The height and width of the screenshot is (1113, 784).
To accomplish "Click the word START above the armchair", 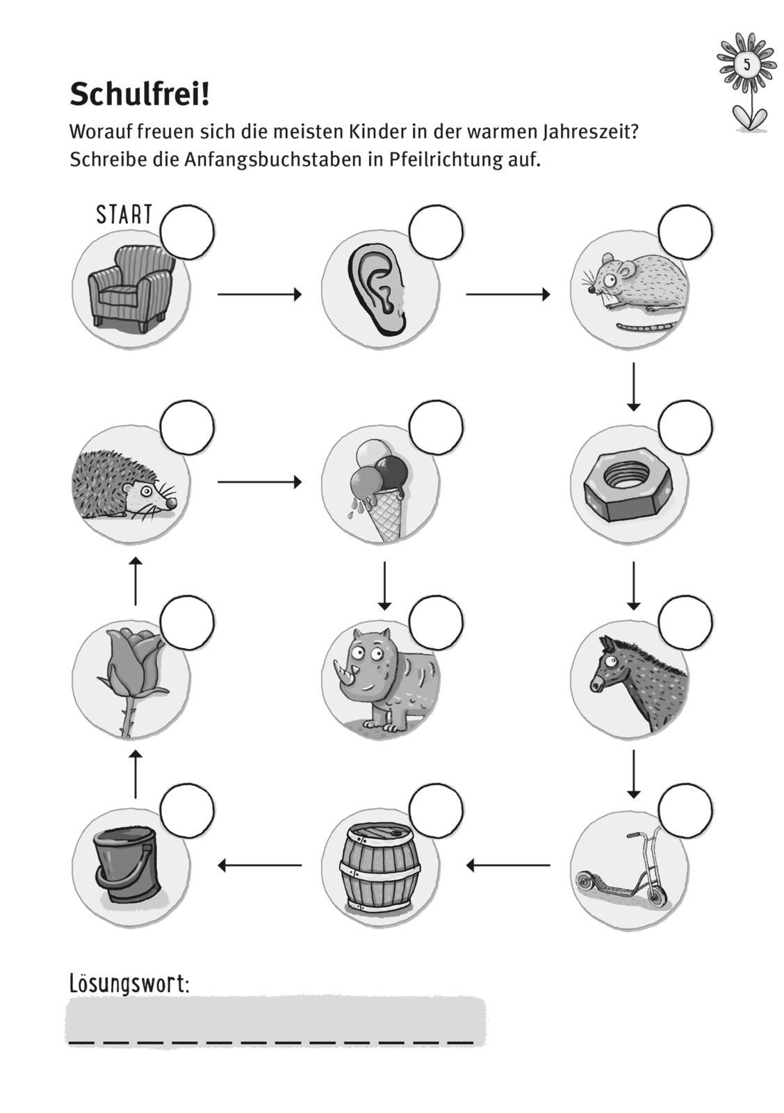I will point(124,214).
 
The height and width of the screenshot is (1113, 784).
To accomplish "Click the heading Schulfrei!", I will point(139,95).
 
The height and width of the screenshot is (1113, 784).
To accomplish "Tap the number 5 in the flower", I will point(746,65).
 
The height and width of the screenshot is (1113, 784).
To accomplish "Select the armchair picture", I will point(130,287).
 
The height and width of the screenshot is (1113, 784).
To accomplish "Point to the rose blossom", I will point(132,656).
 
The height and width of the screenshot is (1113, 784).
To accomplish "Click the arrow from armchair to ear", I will point(259,294).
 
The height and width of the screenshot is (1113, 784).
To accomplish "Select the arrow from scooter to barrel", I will point(508,865).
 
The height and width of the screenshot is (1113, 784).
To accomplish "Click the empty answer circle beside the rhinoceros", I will point(436,622).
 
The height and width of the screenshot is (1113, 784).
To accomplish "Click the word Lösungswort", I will point(129,984).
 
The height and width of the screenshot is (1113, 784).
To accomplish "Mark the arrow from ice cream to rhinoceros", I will point(384,585).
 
